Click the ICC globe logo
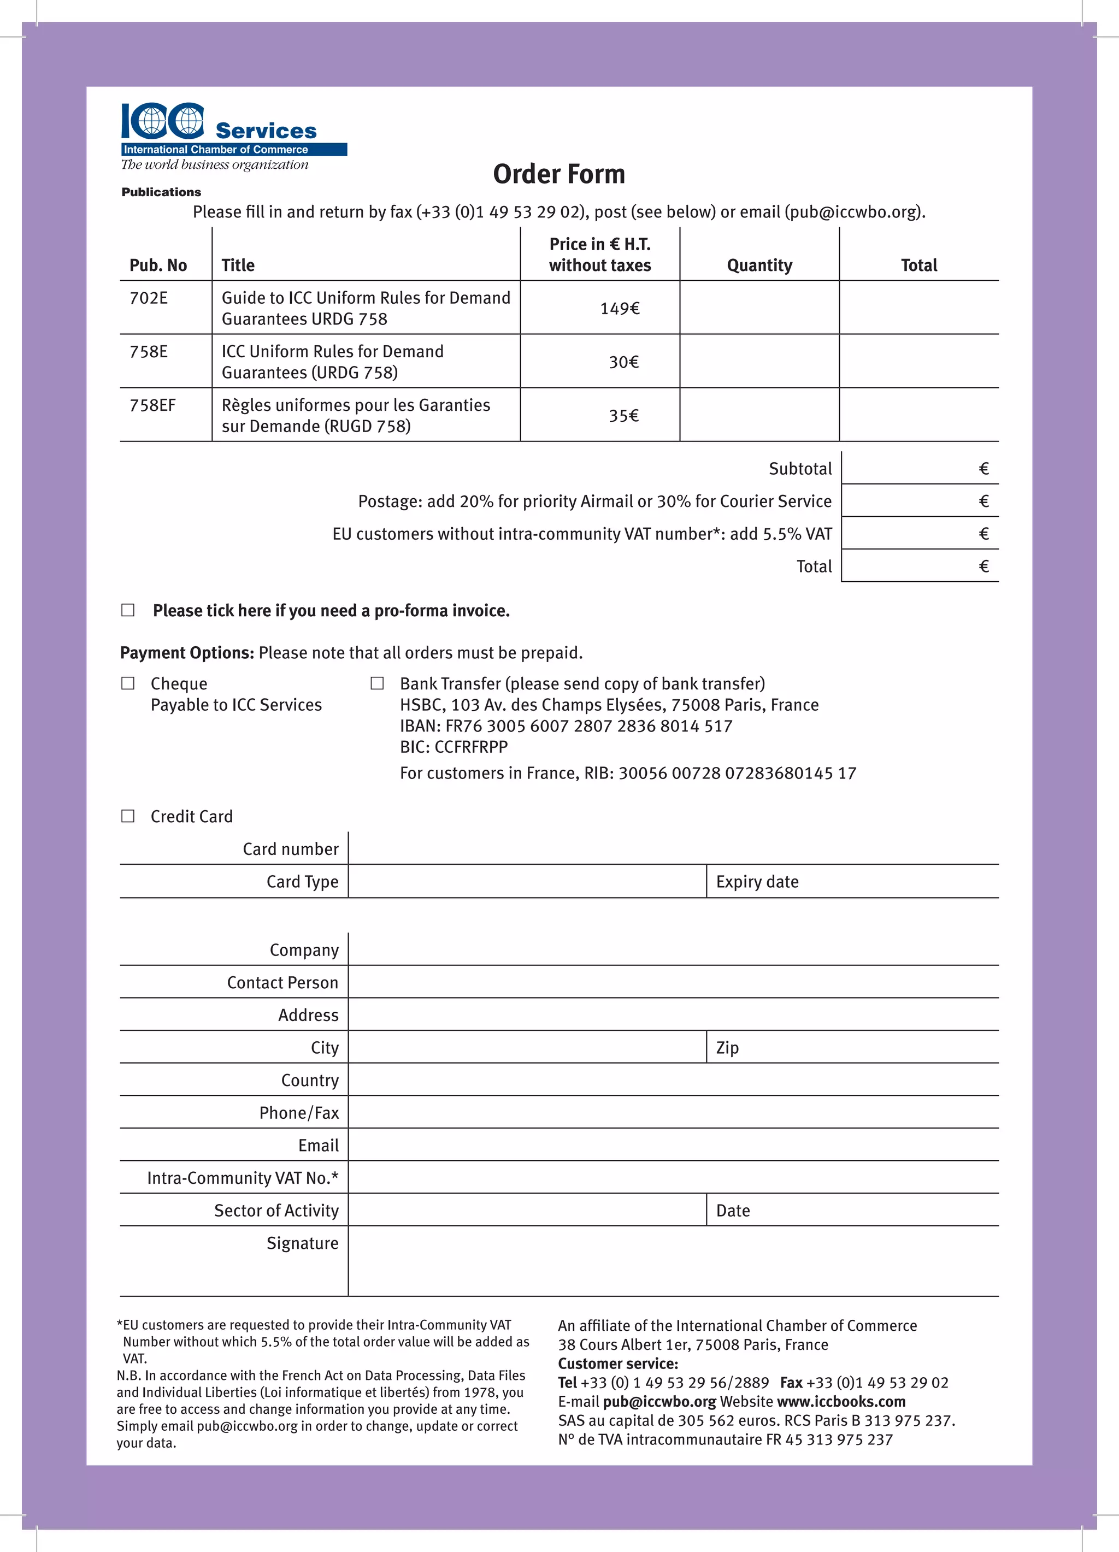coord(163,121)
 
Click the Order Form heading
coord(558,174)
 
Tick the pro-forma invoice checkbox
coord(128,610)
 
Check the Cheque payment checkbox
coord(128,683)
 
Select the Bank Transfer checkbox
coord(377,683)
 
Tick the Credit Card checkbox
coord(128,816)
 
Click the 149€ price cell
coord(620,309)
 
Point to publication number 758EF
coord(152,405)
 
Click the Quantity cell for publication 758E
coord(759,361)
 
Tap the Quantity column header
coord(759,265)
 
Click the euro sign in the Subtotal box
coord(983,469)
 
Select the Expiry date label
coord(757,881)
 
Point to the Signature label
coord(303,1243)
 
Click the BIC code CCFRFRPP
coord(471,747)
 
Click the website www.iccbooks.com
coord(840,1401)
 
